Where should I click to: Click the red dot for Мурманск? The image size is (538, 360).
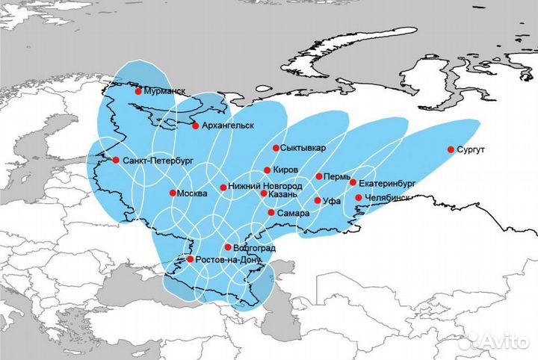(138, 91)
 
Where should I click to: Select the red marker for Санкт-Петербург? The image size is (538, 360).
(116, 160)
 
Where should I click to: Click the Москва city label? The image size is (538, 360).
(193, 193)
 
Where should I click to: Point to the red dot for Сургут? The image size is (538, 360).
(451, 149)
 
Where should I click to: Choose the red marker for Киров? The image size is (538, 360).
(267, 170)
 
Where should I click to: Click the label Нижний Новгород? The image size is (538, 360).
(267, 186)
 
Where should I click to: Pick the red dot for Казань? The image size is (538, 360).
(263, 193)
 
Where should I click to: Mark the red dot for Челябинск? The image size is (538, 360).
(358, 198)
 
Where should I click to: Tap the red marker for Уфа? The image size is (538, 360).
(318, 201)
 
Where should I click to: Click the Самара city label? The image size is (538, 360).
(293, 214)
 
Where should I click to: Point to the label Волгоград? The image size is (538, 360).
(256, 247)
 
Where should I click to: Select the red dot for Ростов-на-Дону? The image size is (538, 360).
(190, 259)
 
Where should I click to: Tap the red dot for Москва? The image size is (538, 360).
(173, 193)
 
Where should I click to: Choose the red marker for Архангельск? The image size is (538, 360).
(196, 125)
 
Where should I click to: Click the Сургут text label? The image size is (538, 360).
(475, 150)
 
